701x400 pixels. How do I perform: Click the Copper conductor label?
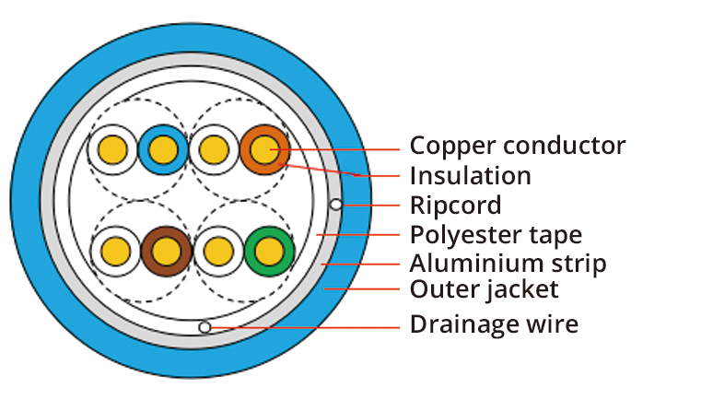click(x=517, y=146)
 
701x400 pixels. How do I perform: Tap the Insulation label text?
click(x=470, y=175)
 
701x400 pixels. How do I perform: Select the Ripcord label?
click(x=455, y=205)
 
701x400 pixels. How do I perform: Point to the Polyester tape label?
click(x=496, y=234)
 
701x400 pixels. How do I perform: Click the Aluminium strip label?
click(x=508, y=264)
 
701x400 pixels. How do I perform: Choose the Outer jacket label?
click(x=484, y=290)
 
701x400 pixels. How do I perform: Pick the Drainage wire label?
click(x=494, y=324)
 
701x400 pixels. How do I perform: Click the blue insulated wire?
click(x=163, y=148)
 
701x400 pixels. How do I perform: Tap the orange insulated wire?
click(x=265, y=148)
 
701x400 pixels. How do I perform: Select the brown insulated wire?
click(x=167, y=250)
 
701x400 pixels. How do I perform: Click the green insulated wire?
click(x=269, y=250)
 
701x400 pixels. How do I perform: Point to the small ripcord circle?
click(x=336, y=204)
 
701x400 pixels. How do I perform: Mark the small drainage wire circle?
click(x=204, y=327)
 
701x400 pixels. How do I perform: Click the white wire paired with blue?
click(x=113, y=148)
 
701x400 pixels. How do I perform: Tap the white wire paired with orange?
click(x=215, y=148)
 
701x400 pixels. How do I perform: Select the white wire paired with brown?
click(x=116, y=250)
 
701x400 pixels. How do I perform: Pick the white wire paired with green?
click(x=218, y=250)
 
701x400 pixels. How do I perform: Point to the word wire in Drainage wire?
click(x=552, y=324)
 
